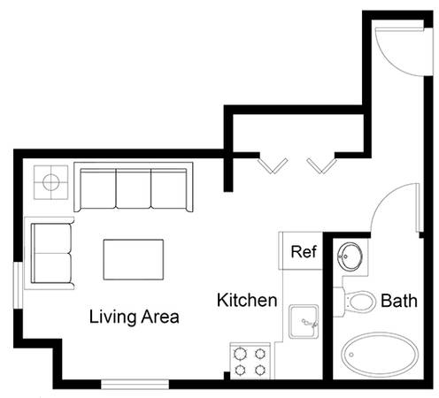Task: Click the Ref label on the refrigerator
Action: pyautogui.click(x=304, y=252)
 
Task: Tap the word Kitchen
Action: pyautogui.click(x=247, y=300)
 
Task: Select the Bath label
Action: pyautogui.click(x=399, y=301)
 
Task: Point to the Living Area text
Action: pyautogui.click(x=135, y=317)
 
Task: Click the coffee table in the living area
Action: pyautogui.click(x=134, y=259)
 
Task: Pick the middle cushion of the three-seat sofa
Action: pyautogui.click(x=134, y=188)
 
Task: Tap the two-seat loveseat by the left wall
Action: pyautogui.click(x=50, y=253)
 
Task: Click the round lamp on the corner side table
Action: pyautogui.click(x=51, y=182)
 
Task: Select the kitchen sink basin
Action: pyautogui.click(x=304, y=321)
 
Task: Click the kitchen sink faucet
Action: pyautogui.click(x=310, y=323)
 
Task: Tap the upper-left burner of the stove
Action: pyautogui.click(x=240, y=354)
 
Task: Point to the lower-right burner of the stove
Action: pyautogui.click(x=260, y=370)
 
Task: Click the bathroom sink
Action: pyautogui.click(x=350, y=256)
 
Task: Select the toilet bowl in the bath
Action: pyautogui.click(x=360, y=302)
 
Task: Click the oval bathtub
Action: pyautogui.click(x=380, y=355)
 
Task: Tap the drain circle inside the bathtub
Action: pyautogui.click(x=351, y=355)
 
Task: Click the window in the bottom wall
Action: pyautogui.click(x=135, y=384)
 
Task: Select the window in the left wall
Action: pyautogui.click(x=19, y=286)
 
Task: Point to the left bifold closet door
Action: pyautogui.click(x=273, y=165)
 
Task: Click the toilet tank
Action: pyautogui.click(x=339, y=302)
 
